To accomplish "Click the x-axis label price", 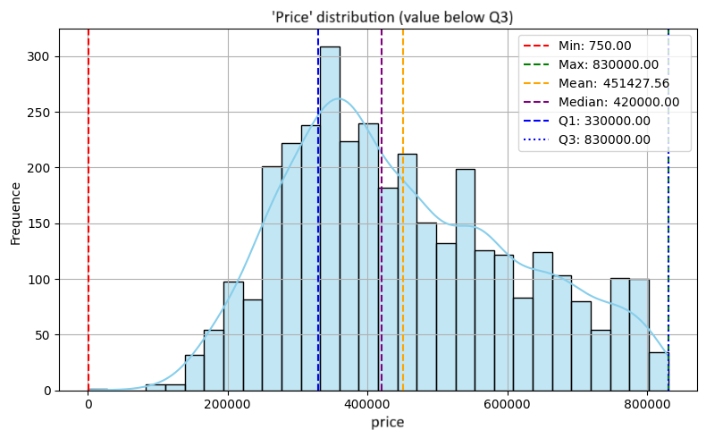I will click(x=388, y=421).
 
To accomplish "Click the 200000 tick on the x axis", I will click(x=228, y=404).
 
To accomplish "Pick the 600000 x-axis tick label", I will click(x=508, y=404).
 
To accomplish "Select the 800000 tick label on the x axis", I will click(x=648, y=404).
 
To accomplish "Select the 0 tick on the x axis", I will click(x=88, y=404).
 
